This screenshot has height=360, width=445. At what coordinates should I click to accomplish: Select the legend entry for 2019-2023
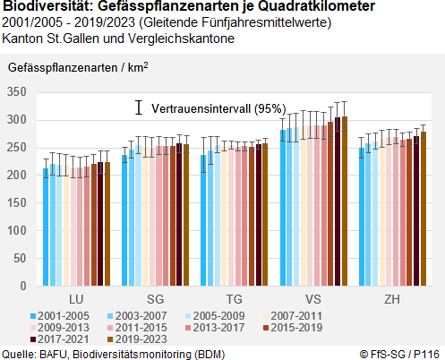[x=136, y=339]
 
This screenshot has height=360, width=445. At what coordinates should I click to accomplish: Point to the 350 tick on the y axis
[x=18, y=92]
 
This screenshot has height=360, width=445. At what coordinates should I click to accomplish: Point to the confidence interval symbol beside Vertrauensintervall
[x=139, y=107]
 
